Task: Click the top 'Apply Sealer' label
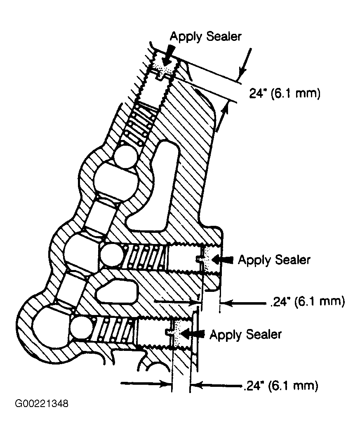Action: coord(206,37)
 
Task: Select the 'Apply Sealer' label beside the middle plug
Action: coord(274,260)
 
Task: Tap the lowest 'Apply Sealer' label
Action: coord(246,334)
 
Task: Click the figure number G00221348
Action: coord(42,404)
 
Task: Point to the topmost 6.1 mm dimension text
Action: coord(285,93)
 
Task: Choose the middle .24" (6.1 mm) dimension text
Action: coord(307,302)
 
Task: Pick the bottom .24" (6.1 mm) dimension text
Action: coord(281,386)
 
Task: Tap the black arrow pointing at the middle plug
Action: coord(222,260)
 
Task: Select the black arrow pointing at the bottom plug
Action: coord(193,334)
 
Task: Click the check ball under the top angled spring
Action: coord(126,156)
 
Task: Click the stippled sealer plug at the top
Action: coord(163,66)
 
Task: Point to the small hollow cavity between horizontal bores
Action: coord(117,292)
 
